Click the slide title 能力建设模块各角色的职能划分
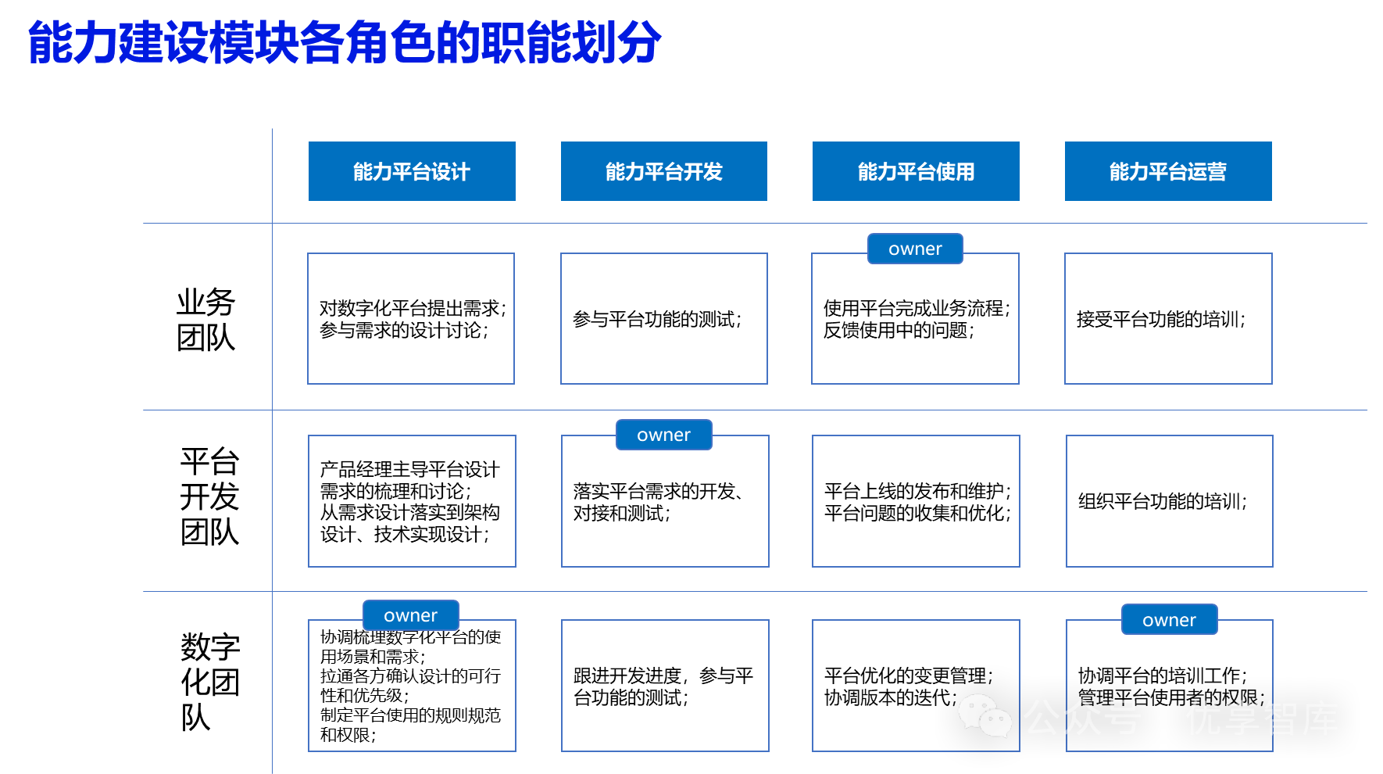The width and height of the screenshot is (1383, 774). (x=345, y=42)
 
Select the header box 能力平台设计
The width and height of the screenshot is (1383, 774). (x=412, y=171)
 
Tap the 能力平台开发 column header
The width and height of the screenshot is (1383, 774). (x=663, y=171)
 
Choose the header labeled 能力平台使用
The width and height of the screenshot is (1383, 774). (x=916, y=171)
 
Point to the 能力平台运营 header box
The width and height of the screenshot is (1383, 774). (x=1168, y=171)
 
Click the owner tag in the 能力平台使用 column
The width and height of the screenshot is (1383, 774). (x=915, y=249)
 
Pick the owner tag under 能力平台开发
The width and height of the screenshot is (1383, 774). (x=663, y=435)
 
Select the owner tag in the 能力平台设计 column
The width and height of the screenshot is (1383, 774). (x=410, y=615)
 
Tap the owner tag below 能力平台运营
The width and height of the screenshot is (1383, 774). (x=1169, y=620)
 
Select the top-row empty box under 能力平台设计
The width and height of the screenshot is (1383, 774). (x=411, y=318)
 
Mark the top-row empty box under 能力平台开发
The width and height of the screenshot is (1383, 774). (x=664, y=318)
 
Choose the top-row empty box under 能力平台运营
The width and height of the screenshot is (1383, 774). (x=1168, y=318)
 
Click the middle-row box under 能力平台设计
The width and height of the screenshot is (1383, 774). (x=412, y=501)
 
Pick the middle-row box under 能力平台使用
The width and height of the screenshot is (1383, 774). (x=916, y=501)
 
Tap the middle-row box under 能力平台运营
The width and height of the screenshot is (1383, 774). (x=1169, y=501)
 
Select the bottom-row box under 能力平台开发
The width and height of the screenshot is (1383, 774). (x=665, y=686)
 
